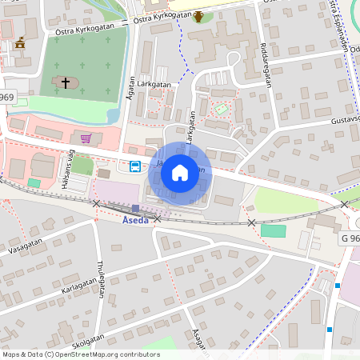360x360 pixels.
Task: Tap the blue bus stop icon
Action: pyautogui.click(x=135, y=166)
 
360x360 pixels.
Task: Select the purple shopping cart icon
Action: pyautogui.click(x=85, y=138)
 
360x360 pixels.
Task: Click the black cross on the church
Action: pyautogui.click(x=66, y=82)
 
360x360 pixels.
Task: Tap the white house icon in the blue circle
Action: pyautogui.click(x=180, y=172)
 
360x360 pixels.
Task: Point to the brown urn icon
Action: pyautogui.click(x=198, y=16)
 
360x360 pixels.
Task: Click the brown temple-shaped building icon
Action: pyautogui.click(x=20, y=43)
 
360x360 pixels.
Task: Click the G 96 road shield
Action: pyautogui.click(x=350, y=238)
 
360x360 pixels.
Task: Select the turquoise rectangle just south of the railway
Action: pyautogui.click(x=273, y=230)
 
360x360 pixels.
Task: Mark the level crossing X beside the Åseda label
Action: pyautogui.click(x=158, y=218)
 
